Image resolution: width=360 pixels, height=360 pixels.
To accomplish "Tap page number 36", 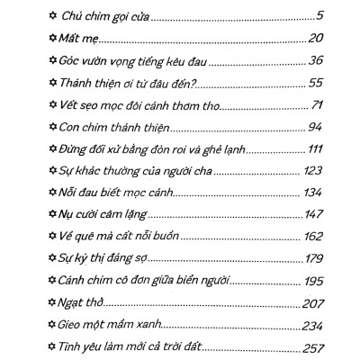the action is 315,60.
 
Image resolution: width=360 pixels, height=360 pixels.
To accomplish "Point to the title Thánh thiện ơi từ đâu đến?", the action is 121,82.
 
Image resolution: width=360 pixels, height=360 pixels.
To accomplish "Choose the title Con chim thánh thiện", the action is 102,126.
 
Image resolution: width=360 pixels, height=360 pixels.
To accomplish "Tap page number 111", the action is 314,148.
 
